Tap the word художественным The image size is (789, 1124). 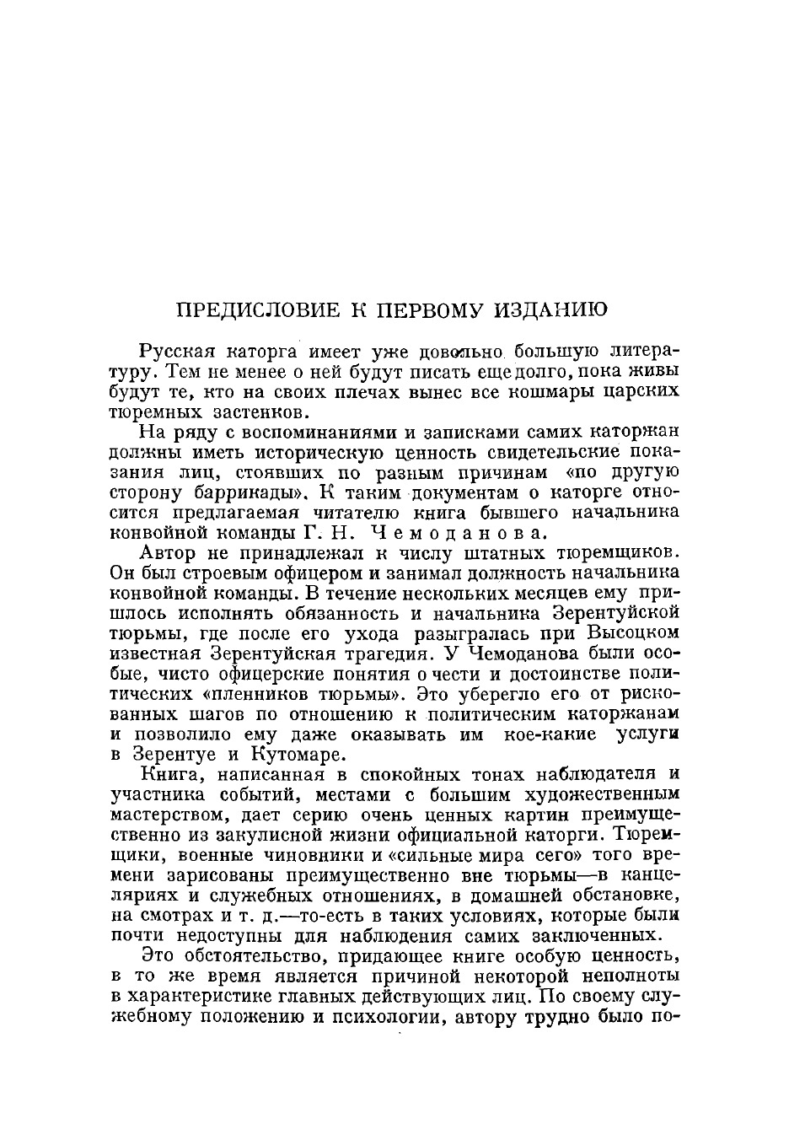[602, 794]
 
